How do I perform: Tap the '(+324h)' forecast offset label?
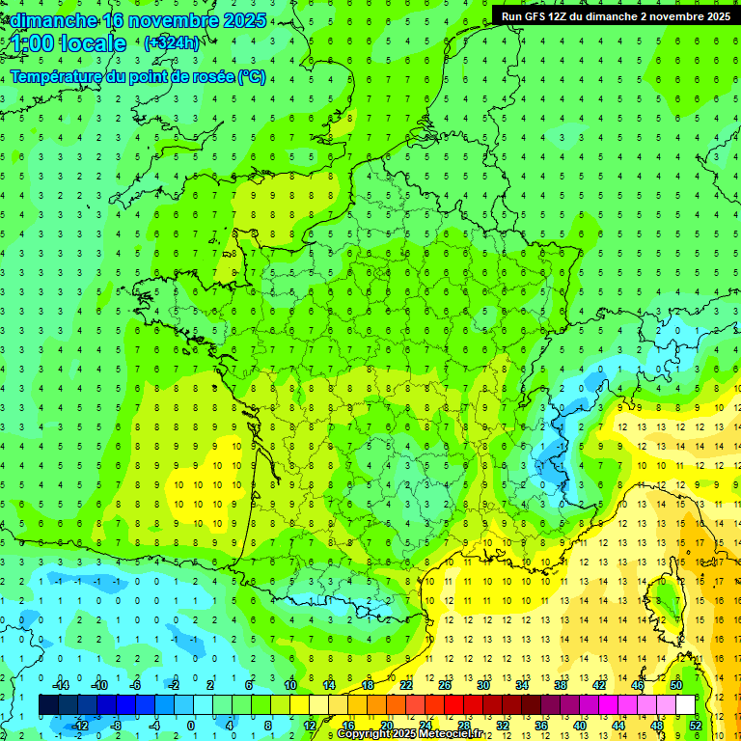[172, 42]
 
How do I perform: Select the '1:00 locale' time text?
[65, 43]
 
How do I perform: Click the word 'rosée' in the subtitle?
[208, 76]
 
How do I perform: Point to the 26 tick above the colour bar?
[445, 684]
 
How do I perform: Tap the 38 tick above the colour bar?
[561, 684]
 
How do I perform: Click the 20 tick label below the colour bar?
[387, 725]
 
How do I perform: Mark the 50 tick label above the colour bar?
[676, 684]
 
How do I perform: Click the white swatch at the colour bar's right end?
[686, 704]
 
